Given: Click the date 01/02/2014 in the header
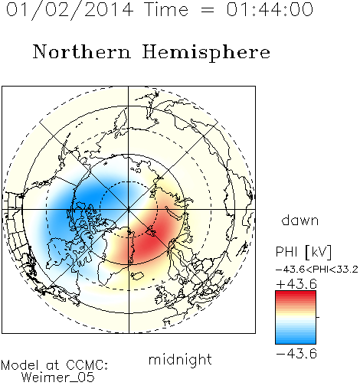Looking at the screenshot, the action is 70,10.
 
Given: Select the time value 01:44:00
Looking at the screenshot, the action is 270,9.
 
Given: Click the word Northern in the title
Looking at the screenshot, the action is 82,51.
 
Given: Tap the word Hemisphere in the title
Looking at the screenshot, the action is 206,53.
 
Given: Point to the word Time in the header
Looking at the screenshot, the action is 166,9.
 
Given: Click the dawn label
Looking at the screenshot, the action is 300,220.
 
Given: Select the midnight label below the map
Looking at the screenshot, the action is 180,360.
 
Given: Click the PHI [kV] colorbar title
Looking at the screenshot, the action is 303,252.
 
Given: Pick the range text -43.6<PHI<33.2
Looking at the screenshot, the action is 317,270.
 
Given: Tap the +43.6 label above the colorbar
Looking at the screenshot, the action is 296,284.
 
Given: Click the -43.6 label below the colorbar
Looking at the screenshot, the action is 296,354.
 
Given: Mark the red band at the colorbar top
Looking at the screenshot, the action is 296,295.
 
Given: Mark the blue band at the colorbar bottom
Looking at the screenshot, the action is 296,339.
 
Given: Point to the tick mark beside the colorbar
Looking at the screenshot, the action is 318,317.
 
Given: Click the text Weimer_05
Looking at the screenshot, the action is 58,377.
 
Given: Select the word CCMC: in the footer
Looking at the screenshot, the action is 87,365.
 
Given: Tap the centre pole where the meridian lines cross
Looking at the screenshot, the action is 129,209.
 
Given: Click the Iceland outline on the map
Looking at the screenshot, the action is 136,276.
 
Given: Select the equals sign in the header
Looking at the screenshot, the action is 207,10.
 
